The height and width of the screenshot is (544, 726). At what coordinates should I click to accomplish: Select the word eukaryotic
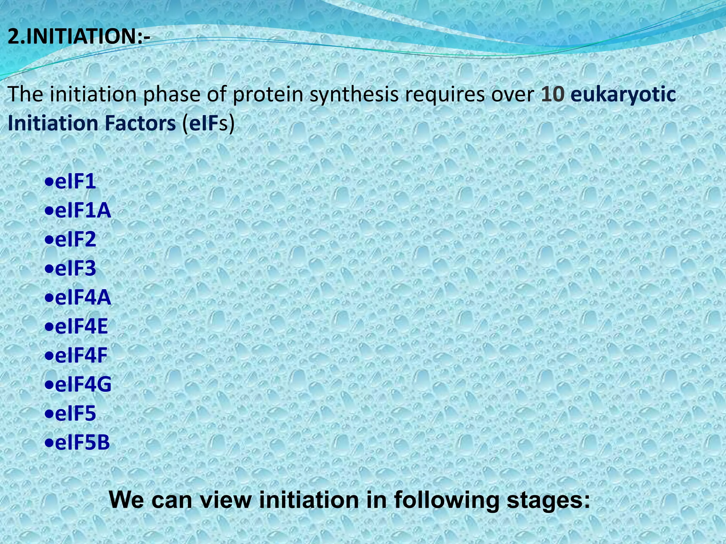pos(623,95)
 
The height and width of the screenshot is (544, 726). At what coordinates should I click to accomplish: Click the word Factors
pos(140,123)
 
